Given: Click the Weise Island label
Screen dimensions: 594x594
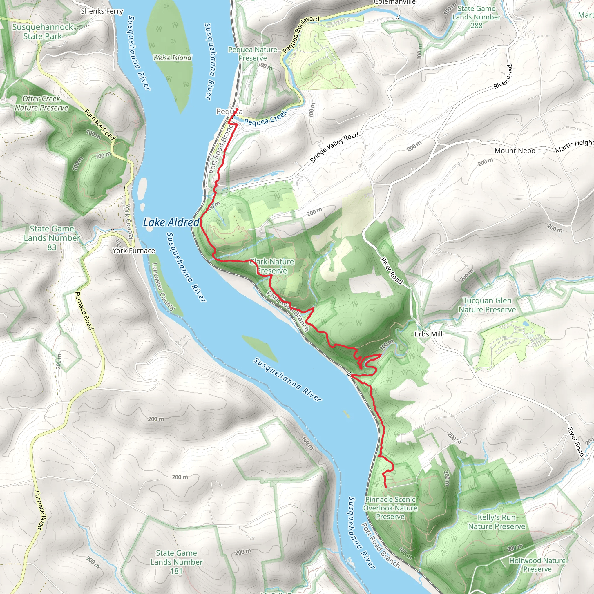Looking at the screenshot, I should point(172,58).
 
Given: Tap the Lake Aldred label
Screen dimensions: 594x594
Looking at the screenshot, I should point(171,222).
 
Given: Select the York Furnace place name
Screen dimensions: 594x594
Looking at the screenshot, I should point(134,251).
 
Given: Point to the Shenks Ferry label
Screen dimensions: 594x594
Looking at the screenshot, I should point(102,11).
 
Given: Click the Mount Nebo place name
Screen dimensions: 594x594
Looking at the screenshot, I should point(515,151).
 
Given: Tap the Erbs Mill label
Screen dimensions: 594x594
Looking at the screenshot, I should point(428,334).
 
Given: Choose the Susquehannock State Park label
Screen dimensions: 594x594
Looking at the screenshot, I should point(42,32).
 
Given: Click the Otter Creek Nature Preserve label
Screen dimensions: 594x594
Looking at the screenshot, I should point(41,103).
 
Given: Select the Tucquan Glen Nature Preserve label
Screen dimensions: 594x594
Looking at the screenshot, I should point(487,305).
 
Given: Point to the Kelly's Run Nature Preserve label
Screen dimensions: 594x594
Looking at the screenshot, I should point(497,522).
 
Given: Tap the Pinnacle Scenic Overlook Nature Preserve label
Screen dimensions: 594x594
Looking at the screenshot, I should point(390,508).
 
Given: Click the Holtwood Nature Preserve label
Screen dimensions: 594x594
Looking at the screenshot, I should point(537,565).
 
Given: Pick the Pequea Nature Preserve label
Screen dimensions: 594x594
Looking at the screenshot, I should point(253,54).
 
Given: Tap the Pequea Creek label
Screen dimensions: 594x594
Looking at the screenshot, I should point(266,118).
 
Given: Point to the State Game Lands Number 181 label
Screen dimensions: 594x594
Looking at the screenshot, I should point(176,562).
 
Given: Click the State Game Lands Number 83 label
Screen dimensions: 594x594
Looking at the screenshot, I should point(52,238).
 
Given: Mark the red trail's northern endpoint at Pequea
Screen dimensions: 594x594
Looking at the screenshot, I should point(237,110).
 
